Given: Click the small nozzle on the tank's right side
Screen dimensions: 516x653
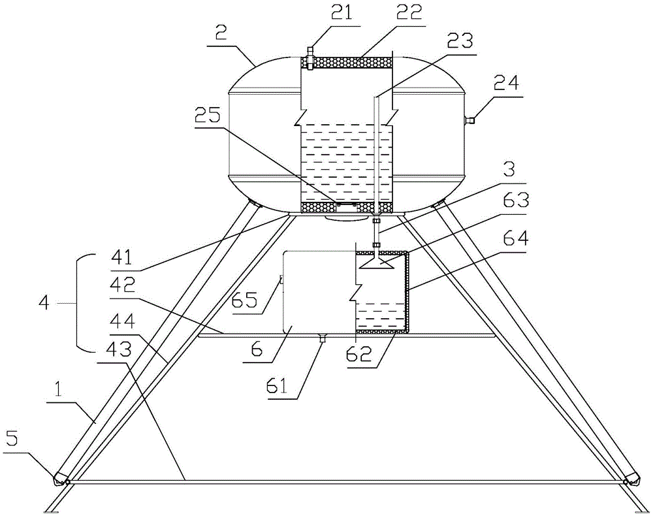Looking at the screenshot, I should pyautogui.click(x=470, y=120).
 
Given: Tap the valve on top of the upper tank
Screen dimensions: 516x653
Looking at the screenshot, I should pyautogui.click(x=310, y=56).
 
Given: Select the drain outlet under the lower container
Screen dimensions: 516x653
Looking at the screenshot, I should pyautogui.click(x=322, y=338).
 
